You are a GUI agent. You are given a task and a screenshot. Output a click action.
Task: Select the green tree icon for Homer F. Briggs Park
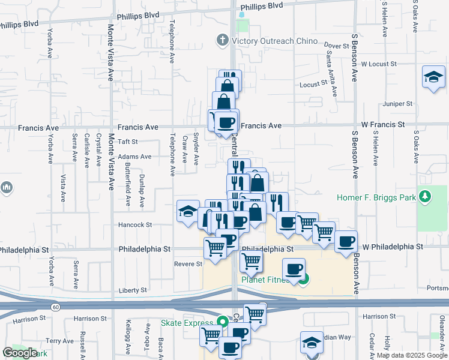tap(425, 196)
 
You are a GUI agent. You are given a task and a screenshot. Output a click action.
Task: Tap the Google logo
tap(20, 353)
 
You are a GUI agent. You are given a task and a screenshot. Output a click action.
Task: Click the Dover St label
tap(336, 46)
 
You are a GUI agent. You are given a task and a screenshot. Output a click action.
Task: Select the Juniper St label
tap(401, 104)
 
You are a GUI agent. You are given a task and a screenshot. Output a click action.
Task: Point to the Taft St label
tap(128, 142)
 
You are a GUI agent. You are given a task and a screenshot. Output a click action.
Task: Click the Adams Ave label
tap(134, 157)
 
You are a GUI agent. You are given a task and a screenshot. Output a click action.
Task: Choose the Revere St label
tap(188, 263)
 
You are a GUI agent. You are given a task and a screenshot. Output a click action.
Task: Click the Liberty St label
tap(133, 290)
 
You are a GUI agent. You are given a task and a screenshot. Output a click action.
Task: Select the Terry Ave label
tap(60, 341)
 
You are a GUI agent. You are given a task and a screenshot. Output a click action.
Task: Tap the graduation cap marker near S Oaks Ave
tap(433, 78)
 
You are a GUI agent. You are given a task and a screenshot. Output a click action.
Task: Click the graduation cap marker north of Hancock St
tap(188, 211)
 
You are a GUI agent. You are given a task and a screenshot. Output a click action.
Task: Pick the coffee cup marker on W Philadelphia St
tap(345, 242)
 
